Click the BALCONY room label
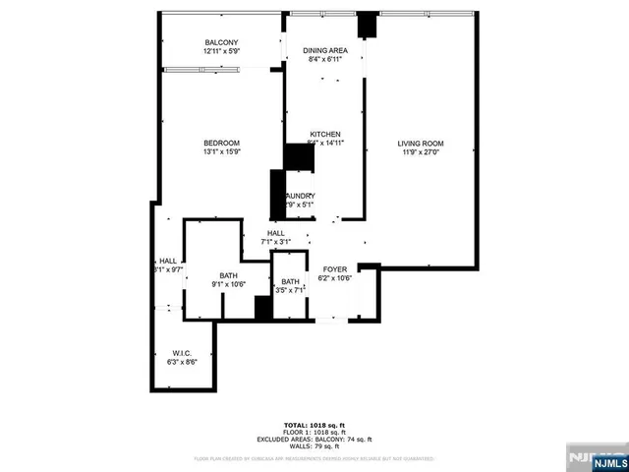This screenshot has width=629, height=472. click(221, 41)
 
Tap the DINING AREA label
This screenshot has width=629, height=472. click(325, 50)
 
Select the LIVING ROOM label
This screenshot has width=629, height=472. click(422, 144)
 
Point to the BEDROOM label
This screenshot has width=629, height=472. click(221, 144)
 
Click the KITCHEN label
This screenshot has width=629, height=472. click(325, 134)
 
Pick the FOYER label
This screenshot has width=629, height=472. click(335, 267)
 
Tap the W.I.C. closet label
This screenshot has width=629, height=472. click(181, 353)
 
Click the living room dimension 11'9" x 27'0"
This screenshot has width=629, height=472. click(422, 152)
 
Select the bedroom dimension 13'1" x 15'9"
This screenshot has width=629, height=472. click(221, 152)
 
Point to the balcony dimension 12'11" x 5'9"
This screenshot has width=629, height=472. click(221, 50)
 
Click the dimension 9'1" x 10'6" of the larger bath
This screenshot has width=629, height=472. click(228, 284)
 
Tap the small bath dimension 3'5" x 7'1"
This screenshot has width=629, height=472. click(291, 291)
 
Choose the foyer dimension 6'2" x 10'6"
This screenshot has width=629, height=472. click(335, 277)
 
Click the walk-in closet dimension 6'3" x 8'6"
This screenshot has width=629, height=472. click(181, 362)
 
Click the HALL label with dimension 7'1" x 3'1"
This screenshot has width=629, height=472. click(275, 233)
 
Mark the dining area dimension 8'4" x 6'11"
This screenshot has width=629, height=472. click(325, 59)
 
